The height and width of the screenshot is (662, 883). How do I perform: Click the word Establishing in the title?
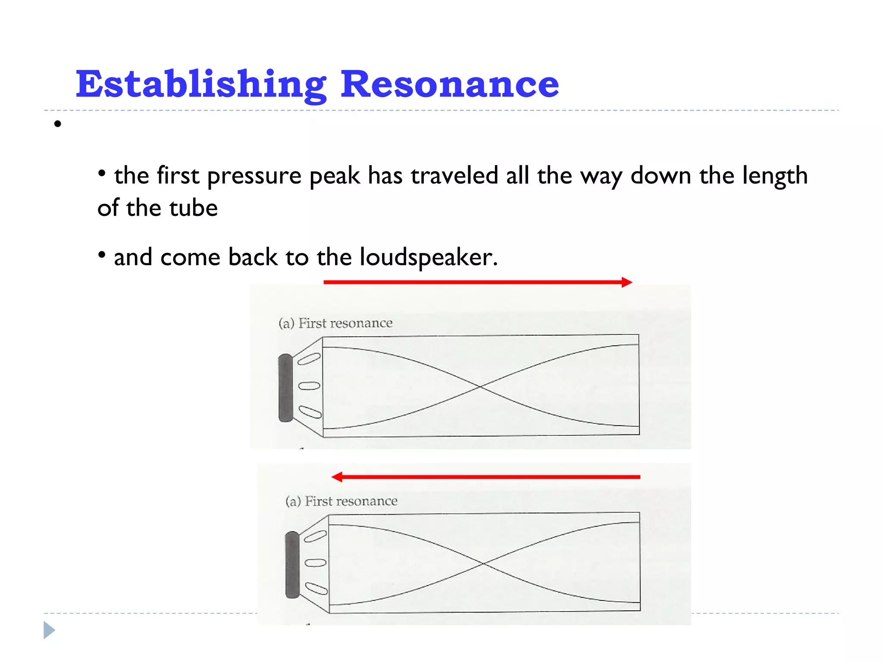coord(201,84)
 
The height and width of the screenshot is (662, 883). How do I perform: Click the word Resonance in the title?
coord(450,84)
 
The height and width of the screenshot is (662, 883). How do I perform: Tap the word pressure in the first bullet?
coord(254,176)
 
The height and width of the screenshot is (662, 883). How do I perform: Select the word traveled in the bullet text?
coord(454,175)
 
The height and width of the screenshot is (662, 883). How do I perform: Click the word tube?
coord(194,208)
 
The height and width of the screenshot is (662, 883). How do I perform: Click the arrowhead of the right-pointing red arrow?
coord(627,282)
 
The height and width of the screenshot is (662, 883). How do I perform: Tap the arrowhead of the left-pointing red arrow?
coord(337,477)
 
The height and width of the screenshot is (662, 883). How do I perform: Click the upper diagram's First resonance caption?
coord(345,323)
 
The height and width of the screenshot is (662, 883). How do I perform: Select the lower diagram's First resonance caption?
coord(351,501)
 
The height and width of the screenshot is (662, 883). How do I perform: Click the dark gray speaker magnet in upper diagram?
coord(285,387)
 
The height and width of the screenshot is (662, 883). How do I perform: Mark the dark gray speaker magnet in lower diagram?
coord(292,565)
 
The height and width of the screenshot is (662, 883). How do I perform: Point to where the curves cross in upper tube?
coord(480,387)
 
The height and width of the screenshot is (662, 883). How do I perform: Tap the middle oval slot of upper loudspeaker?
coord(309,386)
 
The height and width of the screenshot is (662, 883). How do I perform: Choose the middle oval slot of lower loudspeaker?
coord(316,562)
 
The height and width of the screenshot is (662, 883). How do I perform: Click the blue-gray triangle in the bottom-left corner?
coord(49,630)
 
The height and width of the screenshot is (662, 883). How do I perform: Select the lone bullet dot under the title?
coord(58,125)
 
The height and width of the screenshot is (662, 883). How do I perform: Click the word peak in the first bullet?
coord(335,176)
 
